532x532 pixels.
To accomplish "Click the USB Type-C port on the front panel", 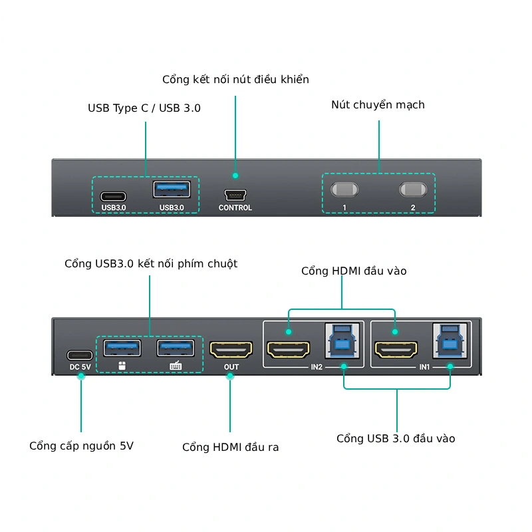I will pyautogui.click(x=113, y=196).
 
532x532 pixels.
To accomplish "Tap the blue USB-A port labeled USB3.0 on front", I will pyautogui.click(x=172, y=190).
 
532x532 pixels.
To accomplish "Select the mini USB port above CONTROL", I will pyautogui.click(x=235, y=196).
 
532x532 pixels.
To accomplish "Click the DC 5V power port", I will pyautogui.click(x=80, y=354).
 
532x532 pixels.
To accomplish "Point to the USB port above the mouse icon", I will pyautogui.click(x=122, y=348).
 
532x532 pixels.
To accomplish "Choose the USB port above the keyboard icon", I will pyautogui.click(x=176, y=348).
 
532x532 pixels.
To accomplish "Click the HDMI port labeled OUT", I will pyautogui.click(x=231, y=348).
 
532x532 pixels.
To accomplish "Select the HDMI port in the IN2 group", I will pyautogui.click(x=288, y=348).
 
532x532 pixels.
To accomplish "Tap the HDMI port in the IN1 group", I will pyautogui.click(x=396, y=348).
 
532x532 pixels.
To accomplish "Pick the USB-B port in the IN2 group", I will pyautogui.click(x=343, y=342).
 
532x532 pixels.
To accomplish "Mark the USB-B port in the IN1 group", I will pyautogui.click(x=450, y=342).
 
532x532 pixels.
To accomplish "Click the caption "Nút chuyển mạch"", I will pyautogui.click(x=378, y=105).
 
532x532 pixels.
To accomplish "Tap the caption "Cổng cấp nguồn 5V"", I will pyautogui.click(x=81, y=446).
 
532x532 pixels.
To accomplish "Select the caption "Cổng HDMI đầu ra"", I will pyautogui.click(x=230, y=448).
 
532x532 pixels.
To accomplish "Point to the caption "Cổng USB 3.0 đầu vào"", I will pyautogui.click(x=396, y=439).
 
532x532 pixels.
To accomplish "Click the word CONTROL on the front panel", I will pyautogui.click(x=235, y=208).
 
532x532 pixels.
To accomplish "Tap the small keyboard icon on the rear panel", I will pyautogui.click(x=176, y=366).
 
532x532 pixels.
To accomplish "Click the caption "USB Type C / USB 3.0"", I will pyautogui.click(x=144, y=108).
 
